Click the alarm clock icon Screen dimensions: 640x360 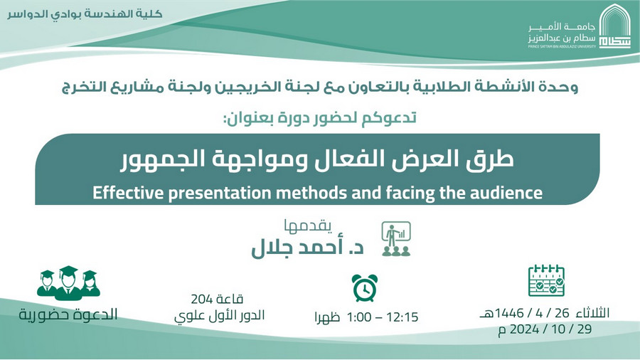pyautogui.click(x=365, y=288)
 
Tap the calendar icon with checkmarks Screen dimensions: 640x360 pyautogui.click(x=546, y=280)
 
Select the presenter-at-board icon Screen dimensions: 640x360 pyautogui.click(x=396, y=239)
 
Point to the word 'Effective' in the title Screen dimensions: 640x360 pyautogui.click(x=128, y=193)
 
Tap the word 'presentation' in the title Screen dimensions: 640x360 pyautogui.click(x=220, y=194)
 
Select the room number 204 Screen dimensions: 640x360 pyautogui.click(x=201, y=300)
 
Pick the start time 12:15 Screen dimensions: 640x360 pyautogui.click(x=402, y=317)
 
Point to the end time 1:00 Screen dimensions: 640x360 pyautogui.click(x=359, y=317)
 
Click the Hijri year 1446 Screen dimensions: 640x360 pyautogui.click(x=509, y=314)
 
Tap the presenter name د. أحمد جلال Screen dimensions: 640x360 pyautogui.click(x=307, y=248)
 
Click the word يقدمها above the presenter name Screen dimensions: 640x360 pyautogui.click(x=308, y=226)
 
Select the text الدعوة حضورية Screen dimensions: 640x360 pyautogui.click(x=68, y=314)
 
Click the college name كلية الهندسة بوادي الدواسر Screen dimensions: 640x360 pyautogui.click(x=85, y=14)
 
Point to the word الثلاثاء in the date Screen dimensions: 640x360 pyautogui.click(x=592, y=313)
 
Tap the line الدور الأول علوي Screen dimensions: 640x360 pyautogui.click(x=220, y=315)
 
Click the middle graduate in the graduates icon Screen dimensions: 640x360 pyautogui.click(x=68, y=282)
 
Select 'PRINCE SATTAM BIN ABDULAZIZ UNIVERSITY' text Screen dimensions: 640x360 pyautogui.click(x=562, y=46)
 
